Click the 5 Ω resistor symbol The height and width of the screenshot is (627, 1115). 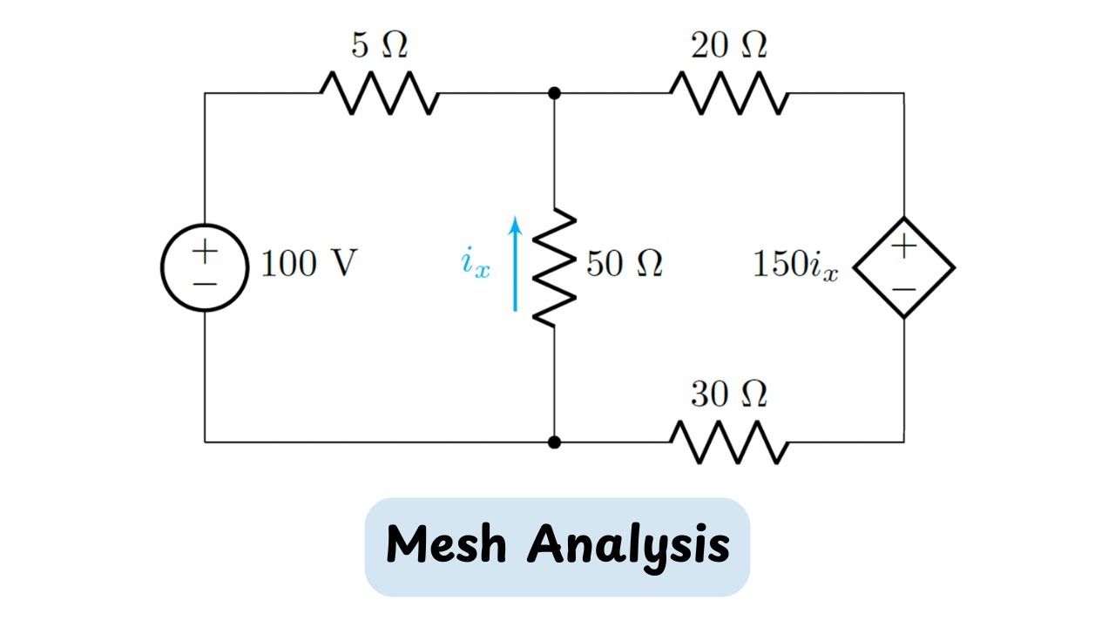pyautogui.click(x=379, y=93)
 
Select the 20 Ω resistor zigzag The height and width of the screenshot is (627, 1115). pyautogui.click(x=729, y=93)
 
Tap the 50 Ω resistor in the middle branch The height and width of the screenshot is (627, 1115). pyautogui.click(x=555, y=267)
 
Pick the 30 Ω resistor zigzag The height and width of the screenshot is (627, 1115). pyautogui.click(x=729, y=442)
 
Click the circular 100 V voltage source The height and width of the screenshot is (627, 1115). pyautogui.click(x=205, y=267)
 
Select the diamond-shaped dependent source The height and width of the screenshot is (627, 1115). pyautogui.click(x=903, y=267)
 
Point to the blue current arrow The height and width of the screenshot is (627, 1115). pyautogui.click(x=516, y=265)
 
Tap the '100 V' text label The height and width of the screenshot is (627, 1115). pyautogui.click(x=309, y=264)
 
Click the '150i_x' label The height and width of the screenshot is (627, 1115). pyautogui.click(x=795, y=266)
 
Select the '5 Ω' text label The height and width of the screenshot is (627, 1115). pyautogui.click(x=379, y=46)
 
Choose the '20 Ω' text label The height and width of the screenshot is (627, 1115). pyautogui.click(x=729, y=46)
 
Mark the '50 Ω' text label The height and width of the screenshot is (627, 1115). pyautogui.click(x=625, y=264)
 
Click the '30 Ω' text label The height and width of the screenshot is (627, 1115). pyautogui.click(x=729, y=395)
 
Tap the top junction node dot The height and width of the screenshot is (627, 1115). pyautogui.click(x=554, y=93)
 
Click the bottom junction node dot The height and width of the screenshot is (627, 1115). pyautogui.click(x=554, y=442)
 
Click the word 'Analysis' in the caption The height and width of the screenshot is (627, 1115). pyautogui.click(x=629, y=546)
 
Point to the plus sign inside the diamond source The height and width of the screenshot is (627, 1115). pyautogui.click(x=904, y=246)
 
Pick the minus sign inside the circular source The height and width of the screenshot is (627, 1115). pyautogui.click(x=205, y=285)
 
